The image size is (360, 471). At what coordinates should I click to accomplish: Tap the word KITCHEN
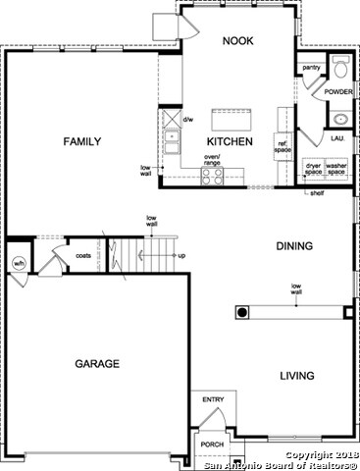tap(230, 142)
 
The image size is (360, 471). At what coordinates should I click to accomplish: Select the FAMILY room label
tap(82, 142)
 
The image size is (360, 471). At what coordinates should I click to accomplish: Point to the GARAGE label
tap(97, 363)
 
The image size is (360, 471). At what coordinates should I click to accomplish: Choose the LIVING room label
tap(296, 376)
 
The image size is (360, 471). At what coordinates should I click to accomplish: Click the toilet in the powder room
tap(340, 69)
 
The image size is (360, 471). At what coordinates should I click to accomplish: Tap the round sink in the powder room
tap(340, 120)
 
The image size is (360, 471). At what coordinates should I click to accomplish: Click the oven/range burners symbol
tap(212, 175)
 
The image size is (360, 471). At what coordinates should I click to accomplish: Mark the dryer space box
tap(313, 168)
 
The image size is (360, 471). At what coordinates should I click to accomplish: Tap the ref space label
tap(283, 146)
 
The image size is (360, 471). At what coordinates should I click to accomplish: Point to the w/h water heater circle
tap(18, 263)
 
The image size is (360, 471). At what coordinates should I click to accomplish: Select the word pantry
tap(312, 68)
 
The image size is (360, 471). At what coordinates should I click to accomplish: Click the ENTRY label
tap(213, 400)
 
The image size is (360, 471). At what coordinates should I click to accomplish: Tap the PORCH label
tap(212, 444)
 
